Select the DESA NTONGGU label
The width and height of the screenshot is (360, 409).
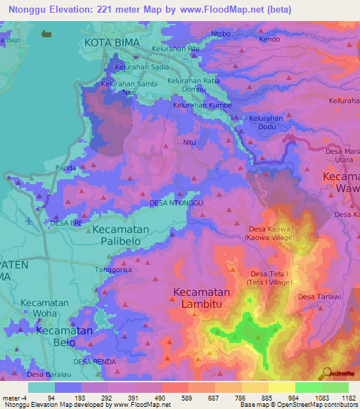point(176,203)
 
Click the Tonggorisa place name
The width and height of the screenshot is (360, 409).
point(112,269)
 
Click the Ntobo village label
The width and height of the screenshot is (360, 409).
point(221,34)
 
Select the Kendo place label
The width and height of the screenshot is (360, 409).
point(269,39)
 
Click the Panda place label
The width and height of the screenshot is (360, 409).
point(66,167)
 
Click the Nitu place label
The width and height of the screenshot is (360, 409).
point(189,142)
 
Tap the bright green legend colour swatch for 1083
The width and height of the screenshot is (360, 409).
point(309,387)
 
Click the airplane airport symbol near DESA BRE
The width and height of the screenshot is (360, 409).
point(28,219)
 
